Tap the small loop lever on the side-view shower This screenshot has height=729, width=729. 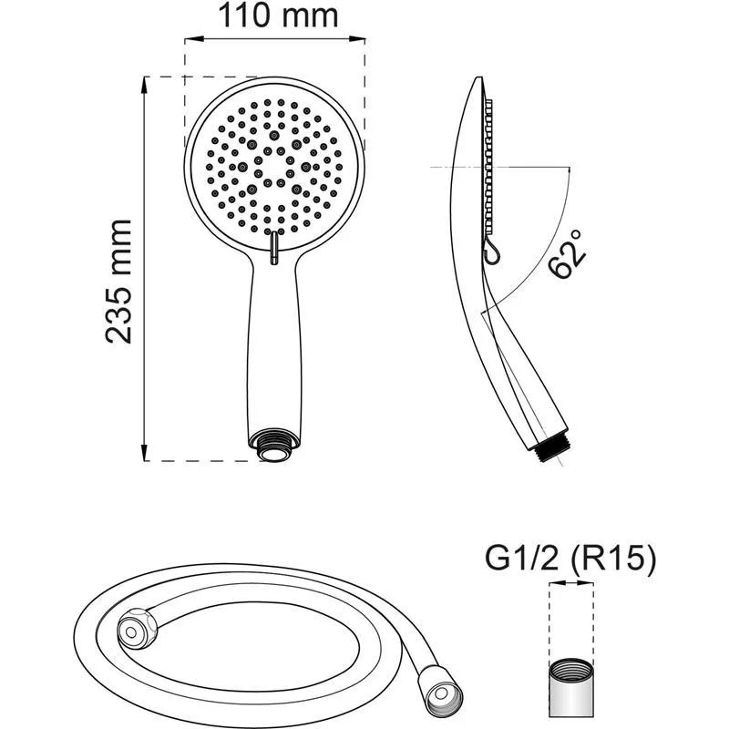pos(489,250)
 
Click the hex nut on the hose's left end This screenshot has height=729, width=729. pos(135,629)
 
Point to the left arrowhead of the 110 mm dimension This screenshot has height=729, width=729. pos(190,39)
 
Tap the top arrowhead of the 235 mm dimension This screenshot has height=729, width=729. pos(146,83)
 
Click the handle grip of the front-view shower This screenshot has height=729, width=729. pos(274,346)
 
